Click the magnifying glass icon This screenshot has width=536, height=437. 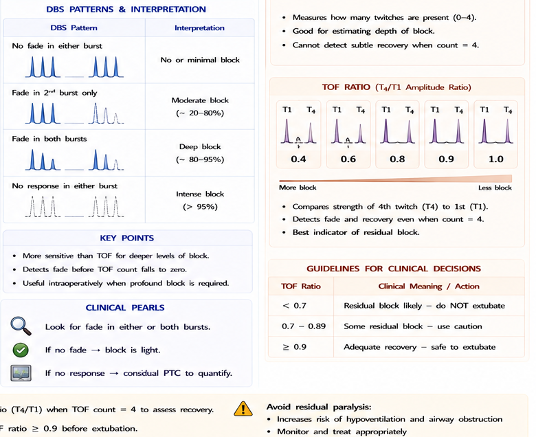tap(21, 326)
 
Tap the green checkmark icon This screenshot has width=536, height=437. tap(21, 350)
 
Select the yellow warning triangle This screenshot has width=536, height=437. tap(243, 408)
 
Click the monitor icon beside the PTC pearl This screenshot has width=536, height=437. tap(21, 373)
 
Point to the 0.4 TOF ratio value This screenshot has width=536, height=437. tap(298, 159)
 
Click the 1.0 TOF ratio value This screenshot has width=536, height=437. tap(495, 159)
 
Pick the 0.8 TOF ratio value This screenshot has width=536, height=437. tap(397, 159)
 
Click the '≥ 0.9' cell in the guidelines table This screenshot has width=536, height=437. tap(294, 347)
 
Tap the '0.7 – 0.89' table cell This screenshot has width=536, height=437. tap(304, 326)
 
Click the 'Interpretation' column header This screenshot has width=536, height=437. tap(200, 28)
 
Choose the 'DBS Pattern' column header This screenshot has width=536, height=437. tap(74, 28)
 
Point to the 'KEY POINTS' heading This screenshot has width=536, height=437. tap(127, 238)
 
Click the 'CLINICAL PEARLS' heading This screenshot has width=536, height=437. tap(125, 308)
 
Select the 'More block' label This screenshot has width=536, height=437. tap(298, 188)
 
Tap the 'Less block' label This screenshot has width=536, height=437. tap(495, 188)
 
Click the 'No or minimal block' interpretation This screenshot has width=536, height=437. tap(200, 60)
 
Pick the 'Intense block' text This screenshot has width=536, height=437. tap(200, 194)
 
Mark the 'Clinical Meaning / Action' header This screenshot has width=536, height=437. tap(429, 286)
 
